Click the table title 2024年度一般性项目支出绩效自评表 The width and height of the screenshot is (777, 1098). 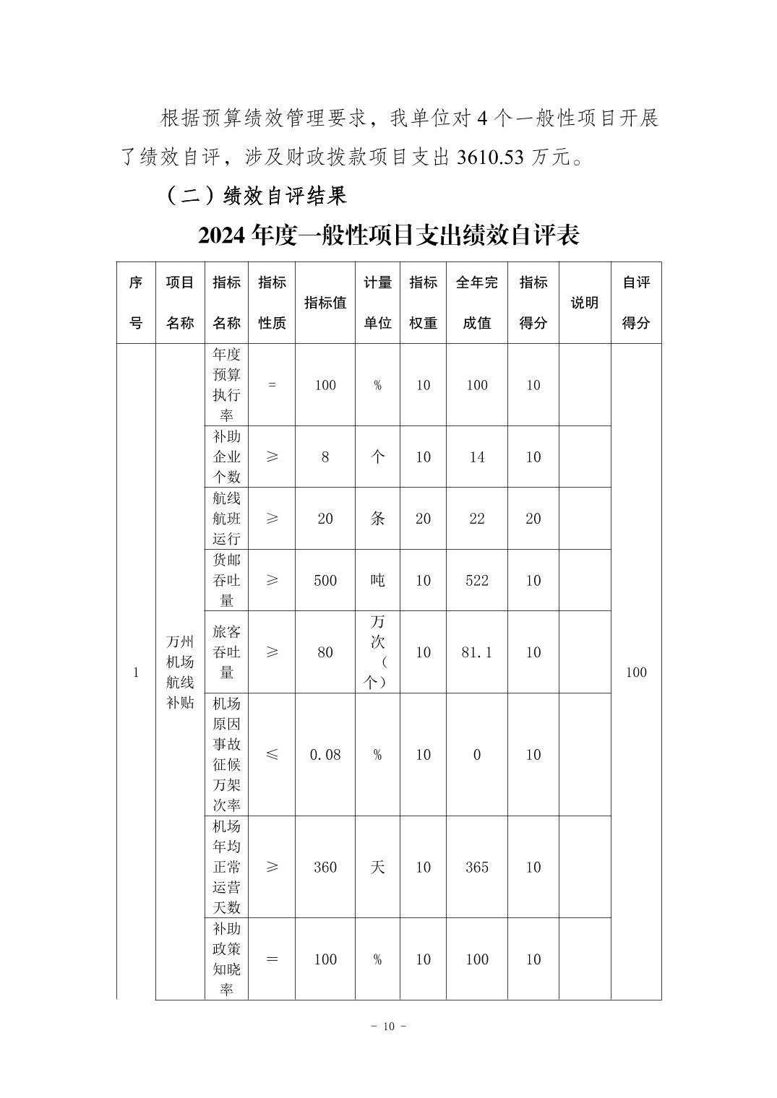(388, 235)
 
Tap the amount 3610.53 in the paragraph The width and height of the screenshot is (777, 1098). (489, 157)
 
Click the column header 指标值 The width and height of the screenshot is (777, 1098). (325, 303)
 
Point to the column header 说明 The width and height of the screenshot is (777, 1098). (584, 303)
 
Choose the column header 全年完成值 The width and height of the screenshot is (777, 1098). (476, 303)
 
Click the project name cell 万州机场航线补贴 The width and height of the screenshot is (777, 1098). (180, 672)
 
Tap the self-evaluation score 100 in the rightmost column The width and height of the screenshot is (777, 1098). (635, 672)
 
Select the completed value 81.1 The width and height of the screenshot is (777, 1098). (476, 652)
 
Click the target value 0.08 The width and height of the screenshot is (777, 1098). (325, 755)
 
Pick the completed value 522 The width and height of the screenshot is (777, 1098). (476, 580)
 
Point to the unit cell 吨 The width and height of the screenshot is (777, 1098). (377, 580)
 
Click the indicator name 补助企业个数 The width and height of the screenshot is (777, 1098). (226, 457)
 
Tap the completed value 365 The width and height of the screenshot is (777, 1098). (476, 867)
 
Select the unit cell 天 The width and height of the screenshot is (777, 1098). (377, 867)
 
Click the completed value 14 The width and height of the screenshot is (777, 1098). (476, 457)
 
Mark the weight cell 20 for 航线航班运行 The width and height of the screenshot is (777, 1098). (423, 519)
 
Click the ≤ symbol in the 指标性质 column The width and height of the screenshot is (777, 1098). (272, 755)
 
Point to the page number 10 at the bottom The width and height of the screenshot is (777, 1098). (389, 1027)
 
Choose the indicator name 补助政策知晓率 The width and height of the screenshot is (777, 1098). (226, 959)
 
